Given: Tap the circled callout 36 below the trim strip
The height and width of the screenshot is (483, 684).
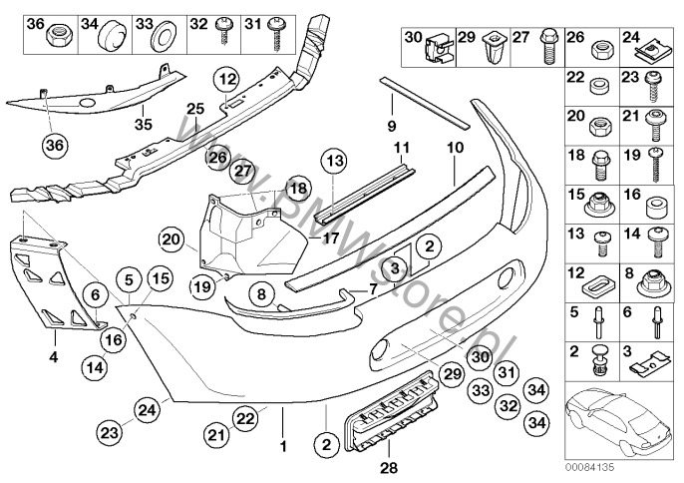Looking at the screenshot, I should [54, 145].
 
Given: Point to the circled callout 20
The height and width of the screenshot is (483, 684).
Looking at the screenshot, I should [172, 239].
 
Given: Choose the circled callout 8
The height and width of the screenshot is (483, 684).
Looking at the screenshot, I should [260, 293].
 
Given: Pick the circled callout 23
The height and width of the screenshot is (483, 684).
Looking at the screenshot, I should [110, 433].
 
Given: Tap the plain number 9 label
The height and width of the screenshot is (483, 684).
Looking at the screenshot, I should [392, 126].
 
